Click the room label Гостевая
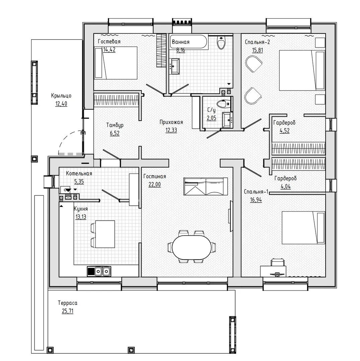(109, 42)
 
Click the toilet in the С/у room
(222, 103)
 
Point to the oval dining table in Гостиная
(192, 247)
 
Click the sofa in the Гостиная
(205, 186)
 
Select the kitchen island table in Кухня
(105, 234)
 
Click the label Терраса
(68, 303)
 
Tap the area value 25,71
(68, 311)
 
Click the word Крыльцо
(61, 96)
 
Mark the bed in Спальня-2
(301, 70)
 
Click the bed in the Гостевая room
(115, 63)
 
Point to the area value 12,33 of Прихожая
(171, 130)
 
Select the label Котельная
(79, 174)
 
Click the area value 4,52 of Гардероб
(284, 131)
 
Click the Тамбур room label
(115, 125)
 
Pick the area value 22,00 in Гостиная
(154, 184)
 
